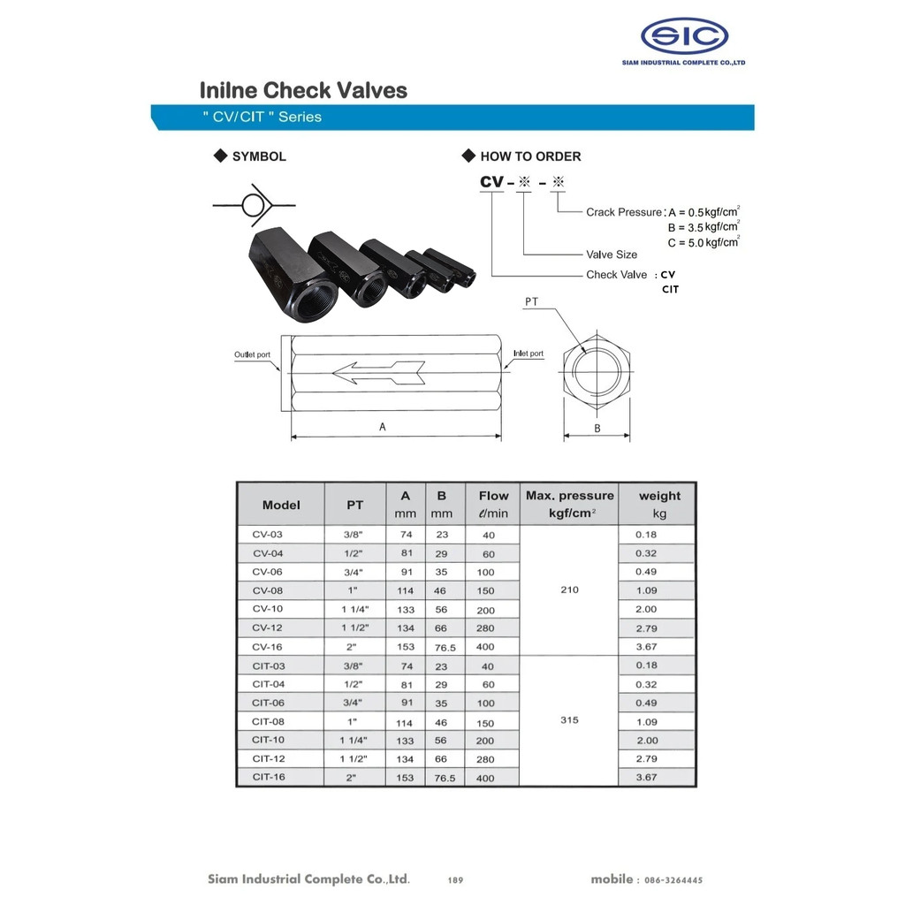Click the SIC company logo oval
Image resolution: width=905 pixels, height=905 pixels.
tap(684, 35)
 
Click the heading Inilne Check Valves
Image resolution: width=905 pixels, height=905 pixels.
tap(304, 91)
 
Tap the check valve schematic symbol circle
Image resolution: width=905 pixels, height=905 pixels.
tap(252, 205)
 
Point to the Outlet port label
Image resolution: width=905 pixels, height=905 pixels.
tap(252, 354)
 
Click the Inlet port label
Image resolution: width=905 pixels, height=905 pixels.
tap(529, 354)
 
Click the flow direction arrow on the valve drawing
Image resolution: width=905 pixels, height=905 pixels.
tap(378, 373)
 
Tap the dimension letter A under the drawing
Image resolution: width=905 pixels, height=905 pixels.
tap(382, 427)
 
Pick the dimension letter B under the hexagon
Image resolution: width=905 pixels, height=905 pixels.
tap(597, 429)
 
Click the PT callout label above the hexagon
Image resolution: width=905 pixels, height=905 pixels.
tap(531, 301)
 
